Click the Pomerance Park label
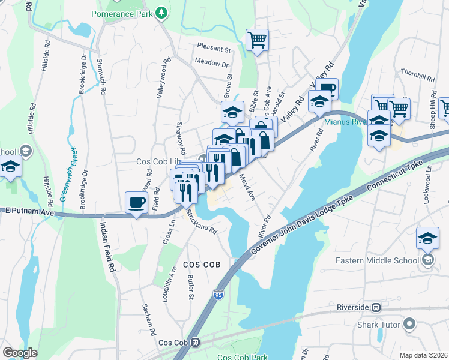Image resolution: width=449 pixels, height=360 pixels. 122,13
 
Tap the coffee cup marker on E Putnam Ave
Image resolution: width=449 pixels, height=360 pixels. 137,202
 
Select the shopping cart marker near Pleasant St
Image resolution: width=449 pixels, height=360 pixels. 257,40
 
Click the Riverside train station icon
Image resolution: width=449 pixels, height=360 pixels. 376,307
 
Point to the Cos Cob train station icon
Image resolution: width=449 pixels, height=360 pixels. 196,343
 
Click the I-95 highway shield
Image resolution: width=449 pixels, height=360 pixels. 218,295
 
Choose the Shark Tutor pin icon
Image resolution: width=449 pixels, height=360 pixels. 410,325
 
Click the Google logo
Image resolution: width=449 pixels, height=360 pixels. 20,353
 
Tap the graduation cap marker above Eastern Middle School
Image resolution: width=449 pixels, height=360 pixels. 427,238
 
